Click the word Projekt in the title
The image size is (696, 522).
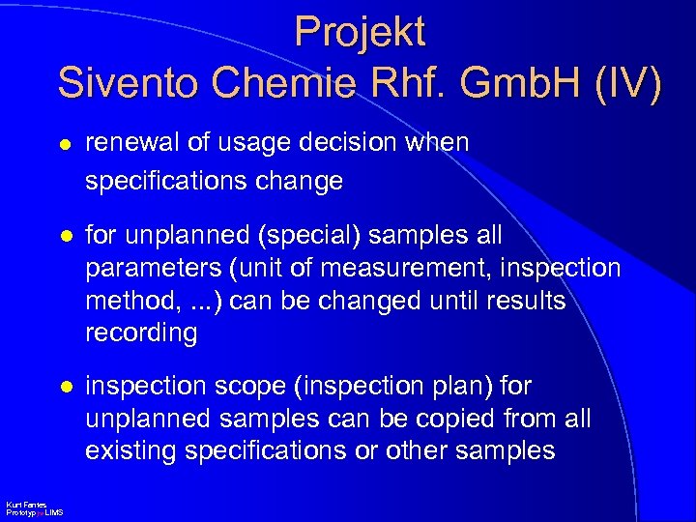(x=360, y=32)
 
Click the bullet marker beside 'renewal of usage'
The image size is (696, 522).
(x=64, y=143)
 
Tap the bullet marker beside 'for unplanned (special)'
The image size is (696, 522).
(x=64, y=235)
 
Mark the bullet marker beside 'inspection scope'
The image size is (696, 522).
(x=64, y=387)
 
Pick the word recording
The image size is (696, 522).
(x=141, y=333)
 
